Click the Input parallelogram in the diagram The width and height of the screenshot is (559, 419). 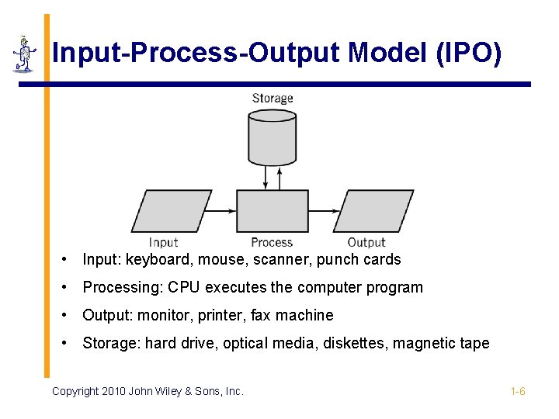click(172, 211)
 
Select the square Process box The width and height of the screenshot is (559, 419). click(272, 211)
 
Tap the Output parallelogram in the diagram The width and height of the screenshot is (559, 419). click(373, 211)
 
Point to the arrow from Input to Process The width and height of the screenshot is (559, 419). click(224, 210)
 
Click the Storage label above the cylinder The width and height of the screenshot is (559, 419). click(273, 99)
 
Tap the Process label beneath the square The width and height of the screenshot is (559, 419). click(272, 243)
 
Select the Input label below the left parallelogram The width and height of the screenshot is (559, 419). click(164, 243)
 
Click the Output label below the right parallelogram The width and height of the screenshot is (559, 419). click(366, 243)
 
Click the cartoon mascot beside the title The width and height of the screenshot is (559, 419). click(25, 54)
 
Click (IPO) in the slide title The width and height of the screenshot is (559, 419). click(469, 54)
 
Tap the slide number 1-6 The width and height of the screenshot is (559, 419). click(518, 391)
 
